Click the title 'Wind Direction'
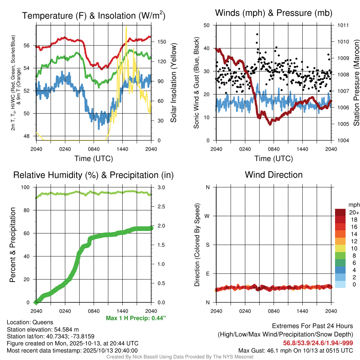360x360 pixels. click(274, 175)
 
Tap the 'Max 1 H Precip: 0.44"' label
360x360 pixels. click(136, 318)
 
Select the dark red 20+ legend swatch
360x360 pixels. click(340, 212)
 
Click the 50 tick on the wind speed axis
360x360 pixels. click(207, 25)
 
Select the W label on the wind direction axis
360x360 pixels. click(207, 216)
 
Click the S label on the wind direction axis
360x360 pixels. click(208, 245)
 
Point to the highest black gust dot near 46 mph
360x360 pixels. click(257, 34)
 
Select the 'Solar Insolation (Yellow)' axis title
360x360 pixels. click(173, 83)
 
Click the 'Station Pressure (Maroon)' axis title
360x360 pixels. click(356, 83)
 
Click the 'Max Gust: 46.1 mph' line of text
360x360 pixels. click(296, 350)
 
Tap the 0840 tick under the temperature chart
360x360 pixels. click(94, 148)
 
